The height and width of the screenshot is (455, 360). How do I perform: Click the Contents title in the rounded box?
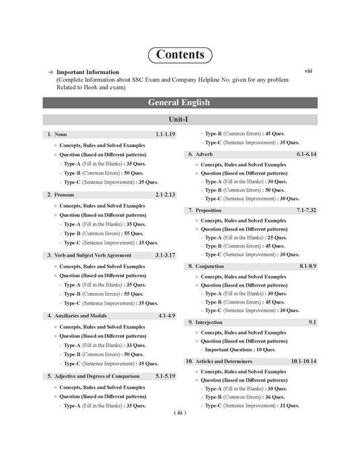pyautogui.click(x=180, y=55)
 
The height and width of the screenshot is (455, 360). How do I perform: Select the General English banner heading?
pyautogui.click(x=179, y=103)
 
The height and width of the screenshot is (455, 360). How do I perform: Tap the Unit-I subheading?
pyautogui.click(x=179, y=120)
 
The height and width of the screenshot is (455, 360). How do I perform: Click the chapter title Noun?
pyautogui.click(x=60, y=134)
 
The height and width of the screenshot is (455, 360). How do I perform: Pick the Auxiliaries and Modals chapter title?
pyautogui.click(x=83, y=315)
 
